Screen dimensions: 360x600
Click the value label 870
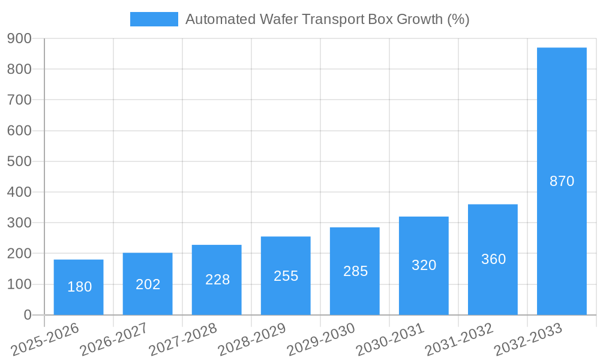[x=562, y=181]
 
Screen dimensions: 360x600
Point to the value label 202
[x=148, y=284]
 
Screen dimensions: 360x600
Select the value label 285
[x=355, y=271]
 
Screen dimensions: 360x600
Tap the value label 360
[x=493, y=259]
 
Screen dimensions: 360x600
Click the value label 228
[x=217, y=280]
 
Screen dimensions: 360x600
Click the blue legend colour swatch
[x=154, y=19]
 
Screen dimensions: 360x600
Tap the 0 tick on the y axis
[x=28, y=315]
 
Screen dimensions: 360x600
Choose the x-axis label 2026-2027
[x=114, y=340]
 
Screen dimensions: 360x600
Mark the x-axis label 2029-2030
[x=321, y=340]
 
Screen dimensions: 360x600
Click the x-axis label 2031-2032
[x=459, y=340]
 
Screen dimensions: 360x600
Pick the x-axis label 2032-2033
[x=528, y=340]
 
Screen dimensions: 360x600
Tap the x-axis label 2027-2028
[x=183, y=340]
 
